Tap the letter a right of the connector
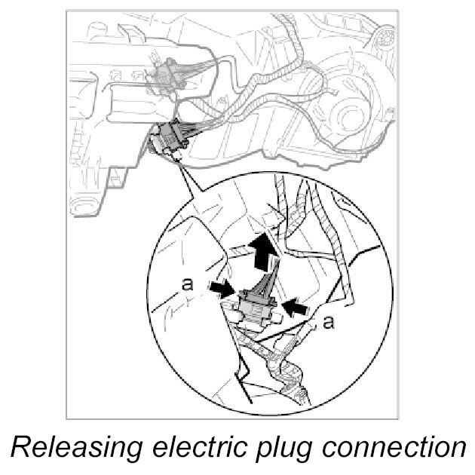[327, 323]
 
